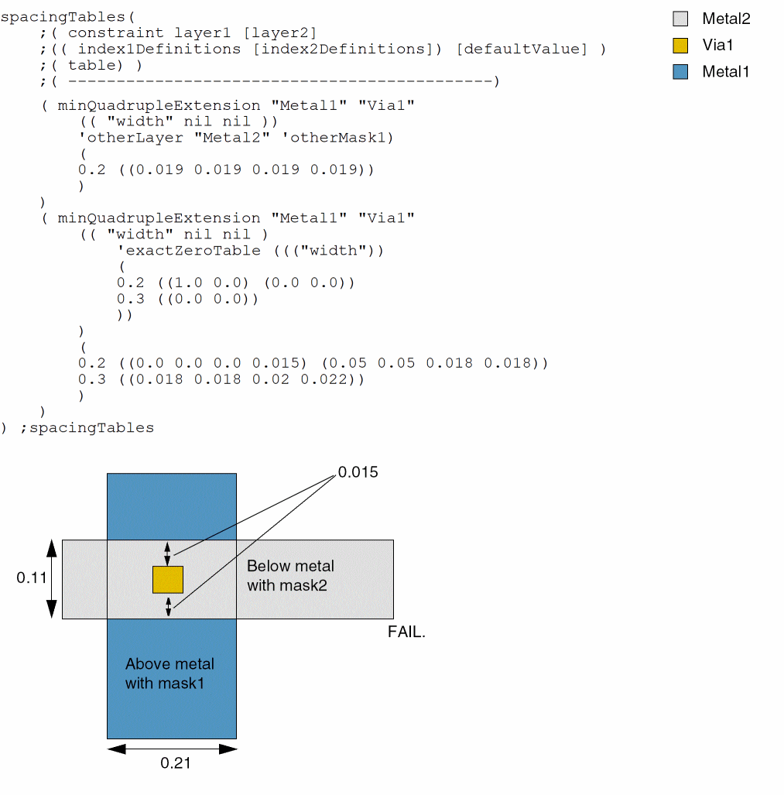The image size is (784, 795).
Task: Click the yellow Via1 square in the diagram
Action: [x=167, y=579]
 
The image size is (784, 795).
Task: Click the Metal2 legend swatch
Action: [x=680, y=19]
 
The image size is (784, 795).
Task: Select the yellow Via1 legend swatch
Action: [x=680, y=45]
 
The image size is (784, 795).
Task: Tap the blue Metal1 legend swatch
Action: [x=680, y=72]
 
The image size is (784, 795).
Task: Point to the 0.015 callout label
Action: [x=358, y=472]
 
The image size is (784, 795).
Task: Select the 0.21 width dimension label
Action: [x=175, y=763]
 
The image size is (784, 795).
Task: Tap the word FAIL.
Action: [x=406, y=632]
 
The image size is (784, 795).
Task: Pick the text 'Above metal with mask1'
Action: [x=169, y=673]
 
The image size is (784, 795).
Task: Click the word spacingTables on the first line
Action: [x=53, y=16]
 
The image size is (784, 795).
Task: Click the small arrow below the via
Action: [x=168, y=606]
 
